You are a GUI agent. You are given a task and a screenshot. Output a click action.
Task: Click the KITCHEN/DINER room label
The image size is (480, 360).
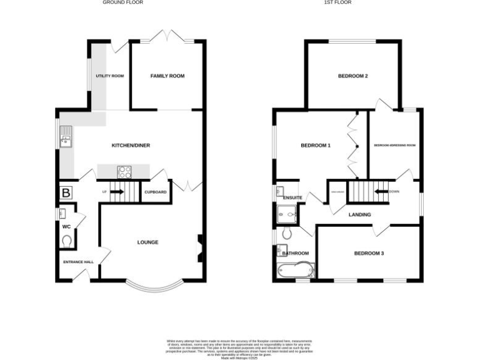[x=131, y=146]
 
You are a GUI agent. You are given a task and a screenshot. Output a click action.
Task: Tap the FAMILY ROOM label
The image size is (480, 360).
[x=167, y=76]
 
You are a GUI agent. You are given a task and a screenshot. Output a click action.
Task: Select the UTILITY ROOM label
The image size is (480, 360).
[x=110, y=76]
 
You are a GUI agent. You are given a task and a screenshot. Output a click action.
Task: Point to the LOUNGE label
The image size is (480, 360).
[x=148, y=242]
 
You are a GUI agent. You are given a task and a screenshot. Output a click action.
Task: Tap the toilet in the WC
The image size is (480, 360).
[x=67, y=240]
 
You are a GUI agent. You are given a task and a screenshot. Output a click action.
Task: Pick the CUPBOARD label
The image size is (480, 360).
[x=156, y=192]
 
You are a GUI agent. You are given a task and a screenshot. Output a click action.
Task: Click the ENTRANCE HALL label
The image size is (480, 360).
[x=78, y=262]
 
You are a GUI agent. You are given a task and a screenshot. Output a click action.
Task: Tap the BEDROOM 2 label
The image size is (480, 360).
[x=352, y=76]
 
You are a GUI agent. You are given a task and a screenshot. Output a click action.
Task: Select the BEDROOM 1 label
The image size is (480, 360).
[x=316, y=146]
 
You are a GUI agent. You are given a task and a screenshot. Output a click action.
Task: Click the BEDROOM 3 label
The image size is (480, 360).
[x=369, y=253]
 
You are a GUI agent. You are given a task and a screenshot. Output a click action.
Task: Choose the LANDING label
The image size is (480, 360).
[x=359, y=214]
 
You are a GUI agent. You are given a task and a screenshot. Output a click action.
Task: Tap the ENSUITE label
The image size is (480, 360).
[x=292, y=198]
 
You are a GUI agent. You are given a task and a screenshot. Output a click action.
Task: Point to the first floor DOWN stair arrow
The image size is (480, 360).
[x=381, y=192]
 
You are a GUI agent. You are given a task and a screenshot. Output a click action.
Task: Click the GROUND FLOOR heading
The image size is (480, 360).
[x=122, y=2]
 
